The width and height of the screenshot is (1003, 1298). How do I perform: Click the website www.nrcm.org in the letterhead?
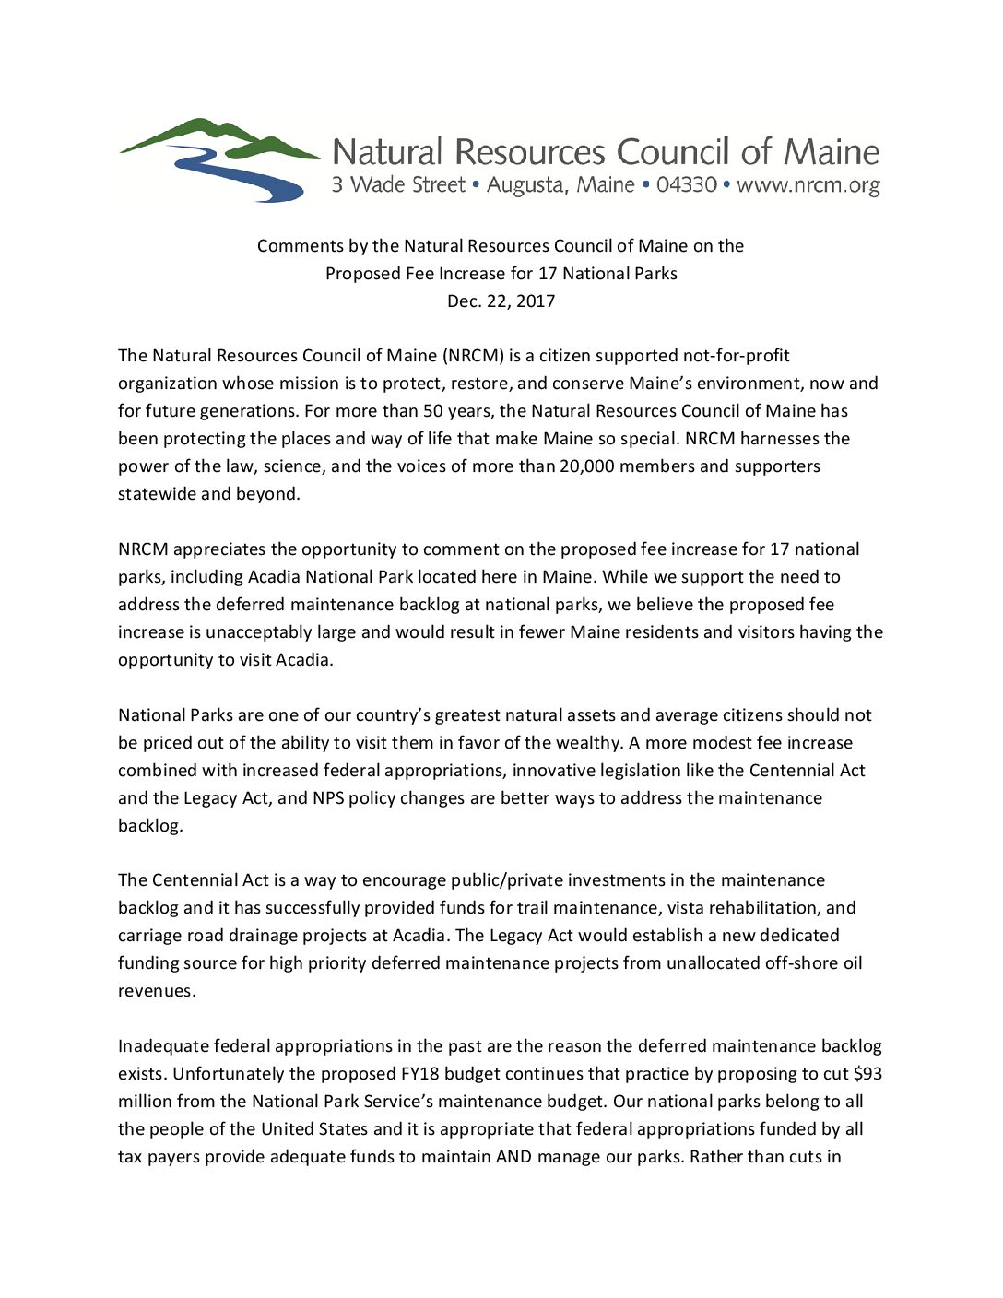click(808, 185)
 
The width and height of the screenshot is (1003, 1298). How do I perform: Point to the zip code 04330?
click(687, 184)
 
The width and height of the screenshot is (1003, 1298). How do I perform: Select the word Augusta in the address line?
click(525, 185)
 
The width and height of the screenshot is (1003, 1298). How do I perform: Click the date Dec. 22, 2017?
click(501, 301)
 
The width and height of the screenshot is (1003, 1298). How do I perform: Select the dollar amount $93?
click(867, 1074)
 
